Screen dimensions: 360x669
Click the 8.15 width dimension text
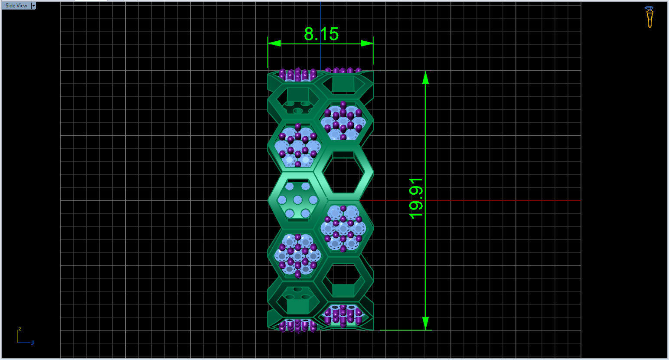coord(321,34)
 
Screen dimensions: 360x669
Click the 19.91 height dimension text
coord(416,198)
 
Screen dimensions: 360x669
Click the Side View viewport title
coord(16,6)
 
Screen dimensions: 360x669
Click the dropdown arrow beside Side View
coord(34,6)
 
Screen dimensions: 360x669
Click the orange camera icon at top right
coord(649,16)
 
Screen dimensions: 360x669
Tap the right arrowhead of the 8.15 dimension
coord(367,43)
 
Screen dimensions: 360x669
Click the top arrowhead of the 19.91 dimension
coord(425,78)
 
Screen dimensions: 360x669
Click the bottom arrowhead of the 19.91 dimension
coord(425,323)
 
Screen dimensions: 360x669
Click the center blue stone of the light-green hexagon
coord(297,200)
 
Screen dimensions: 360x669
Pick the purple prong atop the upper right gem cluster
coord(343,105)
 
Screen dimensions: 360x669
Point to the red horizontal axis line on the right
coord(477,200)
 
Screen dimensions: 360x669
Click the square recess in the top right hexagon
coord(343,84)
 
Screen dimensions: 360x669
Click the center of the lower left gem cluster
coord(298,255)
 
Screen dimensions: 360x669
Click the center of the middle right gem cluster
coord(343,228)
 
